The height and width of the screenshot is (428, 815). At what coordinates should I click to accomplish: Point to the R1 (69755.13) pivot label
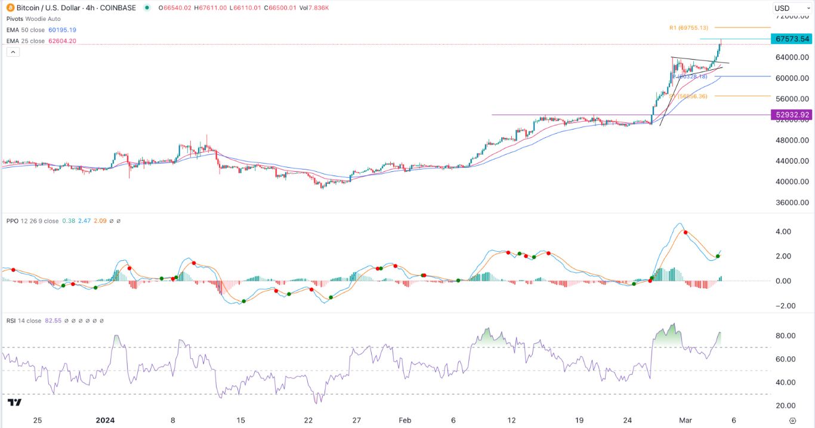click(x=688, y=27)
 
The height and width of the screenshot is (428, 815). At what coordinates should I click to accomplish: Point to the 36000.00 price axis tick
click(x=792, y=202)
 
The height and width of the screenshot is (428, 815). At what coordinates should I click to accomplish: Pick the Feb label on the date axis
click(x=405, y=420)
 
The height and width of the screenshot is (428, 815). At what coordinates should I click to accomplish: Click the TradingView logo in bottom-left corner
click(x=16, y=403)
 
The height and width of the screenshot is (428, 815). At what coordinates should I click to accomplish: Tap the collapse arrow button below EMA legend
click(x=13, y=53)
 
